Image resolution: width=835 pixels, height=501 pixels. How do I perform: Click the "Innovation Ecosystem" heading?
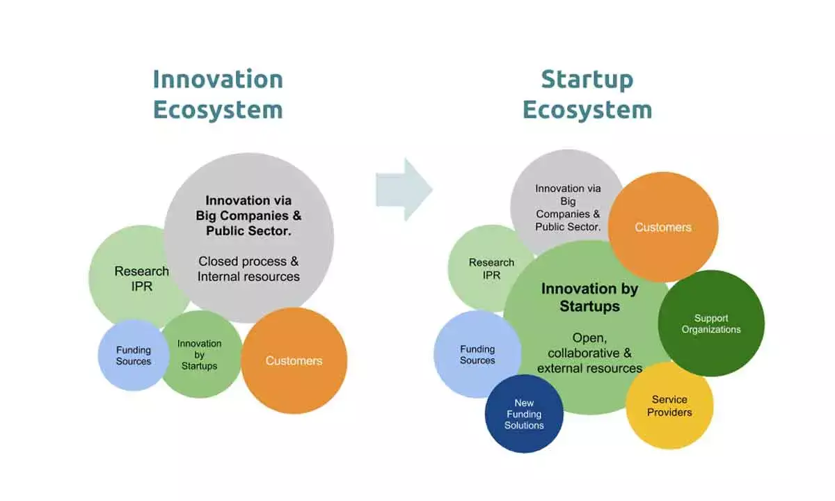(x=218, y=94)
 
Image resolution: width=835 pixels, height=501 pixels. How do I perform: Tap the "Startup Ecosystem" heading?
(x=587, y=94)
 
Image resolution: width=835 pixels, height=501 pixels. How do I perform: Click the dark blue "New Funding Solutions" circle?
(x=524, y=413)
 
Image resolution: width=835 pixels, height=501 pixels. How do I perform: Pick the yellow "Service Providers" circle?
(x=669, y=406)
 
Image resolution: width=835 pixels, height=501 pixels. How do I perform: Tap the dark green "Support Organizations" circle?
(x=711, y=324)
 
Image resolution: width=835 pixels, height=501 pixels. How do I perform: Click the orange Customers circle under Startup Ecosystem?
(x=663, y=227)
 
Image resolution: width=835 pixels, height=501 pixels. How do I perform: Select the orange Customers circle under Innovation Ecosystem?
(x=294, y=360)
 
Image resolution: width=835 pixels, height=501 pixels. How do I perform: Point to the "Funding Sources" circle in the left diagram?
(x=133, y=355)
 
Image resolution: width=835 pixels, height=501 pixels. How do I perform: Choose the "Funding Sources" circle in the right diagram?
(x=477, y=354)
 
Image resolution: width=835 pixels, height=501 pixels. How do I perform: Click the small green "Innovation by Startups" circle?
(x=200, y=354)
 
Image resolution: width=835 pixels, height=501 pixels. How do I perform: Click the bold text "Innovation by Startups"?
(x=589, y=297)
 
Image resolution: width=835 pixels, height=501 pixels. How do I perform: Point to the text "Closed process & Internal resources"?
(x=248, y=269)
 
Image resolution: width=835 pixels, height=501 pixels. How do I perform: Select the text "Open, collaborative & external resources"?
(x=589, y=353)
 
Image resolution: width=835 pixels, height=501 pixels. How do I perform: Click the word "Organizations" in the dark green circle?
(x=711, y=330)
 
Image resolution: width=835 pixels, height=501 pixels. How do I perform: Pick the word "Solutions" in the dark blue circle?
(x=524, y=425)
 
